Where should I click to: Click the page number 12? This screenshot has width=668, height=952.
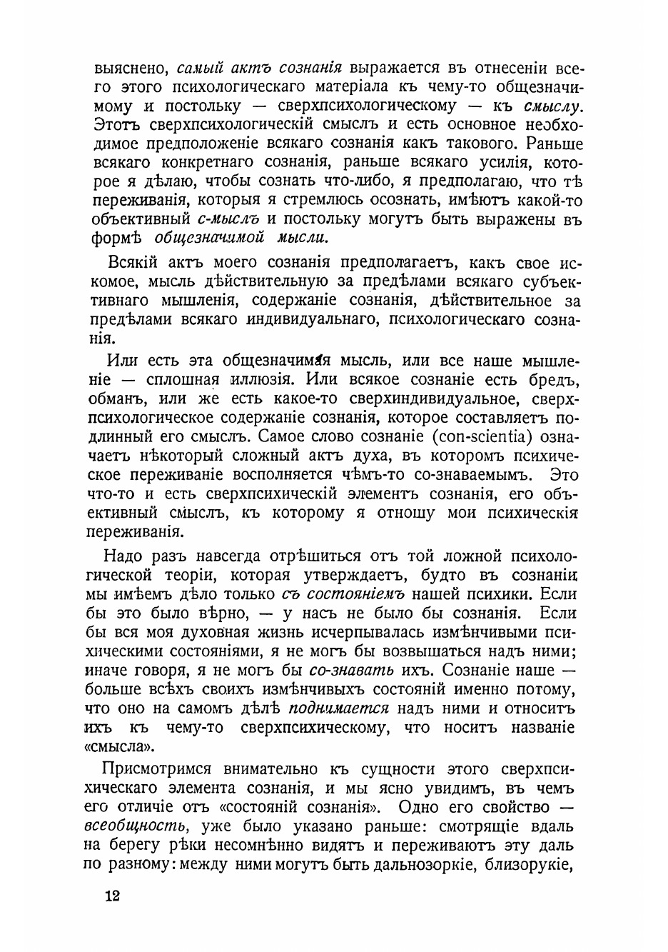[111, 896]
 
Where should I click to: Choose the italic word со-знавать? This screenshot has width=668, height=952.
[351, 670]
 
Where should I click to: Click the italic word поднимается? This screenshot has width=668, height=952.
[338, 708]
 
